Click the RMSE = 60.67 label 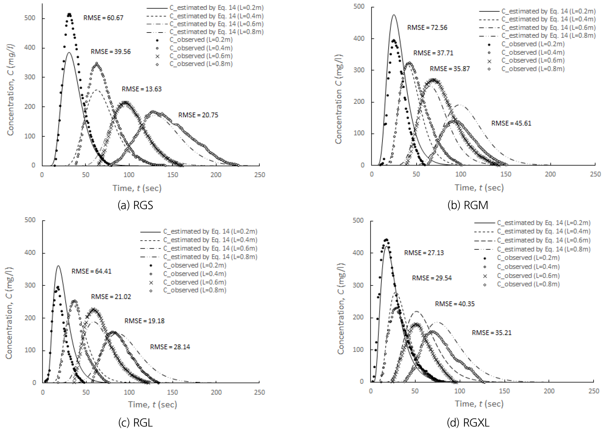coord(103,18)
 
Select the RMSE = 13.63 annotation coord(141,89)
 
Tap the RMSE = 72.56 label coord(427,28)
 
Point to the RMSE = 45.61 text coord(511,123)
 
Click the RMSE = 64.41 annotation coord(91,271)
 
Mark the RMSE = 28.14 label coord(170,347)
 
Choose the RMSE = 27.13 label coord(424,253)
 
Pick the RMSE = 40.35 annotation coord(455,304)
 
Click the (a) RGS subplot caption coord(135,205)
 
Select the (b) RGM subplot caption coord(467,205)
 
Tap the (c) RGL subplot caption coord(135,422)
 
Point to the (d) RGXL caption coord(468,422)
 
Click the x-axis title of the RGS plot coord(137,188)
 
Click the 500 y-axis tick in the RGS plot coord(30,18)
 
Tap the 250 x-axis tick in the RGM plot coord(595,174)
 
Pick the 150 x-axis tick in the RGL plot coord(172,392)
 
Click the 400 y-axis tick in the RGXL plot coord(358,253)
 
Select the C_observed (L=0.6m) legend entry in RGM coord(532,60)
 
